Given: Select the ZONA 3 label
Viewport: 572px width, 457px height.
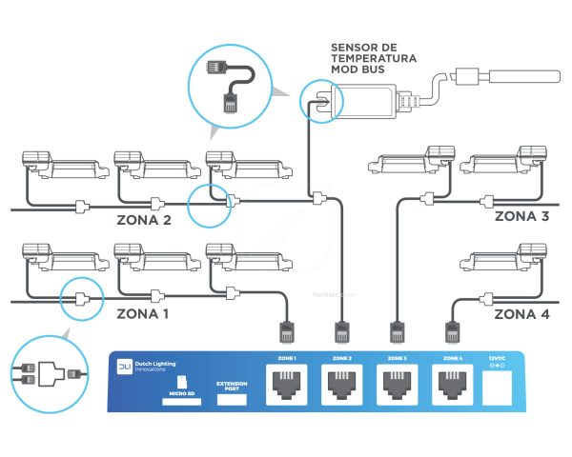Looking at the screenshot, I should click(521, 216).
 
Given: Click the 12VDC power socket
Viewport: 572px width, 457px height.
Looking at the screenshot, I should click(500, 385).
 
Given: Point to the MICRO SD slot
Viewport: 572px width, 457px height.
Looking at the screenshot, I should click(178, 400).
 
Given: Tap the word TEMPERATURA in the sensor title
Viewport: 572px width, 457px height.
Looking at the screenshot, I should click(373, 58).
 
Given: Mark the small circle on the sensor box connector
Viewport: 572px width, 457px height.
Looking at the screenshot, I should click(317, 97).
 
